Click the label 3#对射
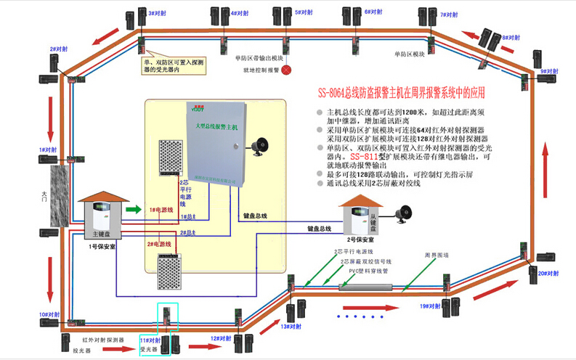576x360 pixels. click(x=157, y=12)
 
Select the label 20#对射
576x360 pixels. click(x=548, y=272)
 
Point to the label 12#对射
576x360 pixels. click(x=221, y=338)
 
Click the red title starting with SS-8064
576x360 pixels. click(x=400, y=93)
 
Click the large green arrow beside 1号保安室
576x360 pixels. click(x=133, y=210)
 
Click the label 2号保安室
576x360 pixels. click(x=360, y=239)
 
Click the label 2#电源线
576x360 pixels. click(x=159, y=244)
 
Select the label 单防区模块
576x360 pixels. click(x=409, y=54)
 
